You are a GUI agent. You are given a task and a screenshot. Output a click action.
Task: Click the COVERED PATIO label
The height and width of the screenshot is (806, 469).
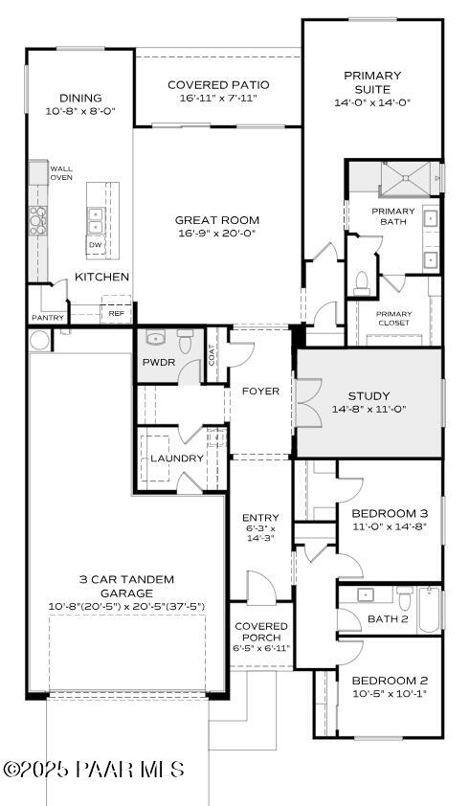click(217, 84)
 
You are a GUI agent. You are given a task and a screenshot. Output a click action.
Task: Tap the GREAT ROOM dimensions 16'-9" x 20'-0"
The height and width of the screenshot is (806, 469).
click(217, 234)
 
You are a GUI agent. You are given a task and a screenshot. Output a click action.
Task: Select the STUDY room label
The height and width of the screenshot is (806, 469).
click(368, 395)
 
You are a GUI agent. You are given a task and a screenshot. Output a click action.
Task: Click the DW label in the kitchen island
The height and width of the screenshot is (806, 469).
click(96, 245)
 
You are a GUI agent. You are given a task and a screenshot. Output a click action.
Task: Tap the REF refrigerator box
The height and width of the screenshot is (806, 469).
click(116, 313)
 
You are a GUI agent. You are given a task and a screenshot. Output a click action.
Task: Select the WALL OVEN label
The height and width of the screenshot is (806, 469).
click(61, 173)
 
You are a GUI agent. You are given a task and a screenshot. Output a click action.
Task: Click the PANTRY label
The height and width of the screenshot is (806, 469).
click(47, 317)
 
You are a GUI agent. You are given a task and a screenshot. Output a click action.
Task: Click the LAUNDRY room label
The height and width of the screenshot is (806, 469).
click(177, 459)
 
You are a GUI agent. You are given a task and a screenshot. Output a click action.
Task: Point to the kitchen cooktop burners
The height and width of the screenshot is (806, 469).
click(37, 220)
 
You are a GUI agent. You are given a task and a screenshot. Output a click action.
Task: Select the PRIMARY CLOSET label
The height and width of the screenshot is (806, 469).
click(393, 319)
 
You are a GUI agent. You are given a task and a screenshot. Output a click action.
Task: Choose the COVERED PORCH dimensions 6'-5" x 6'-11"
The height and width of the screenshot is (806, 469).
click(261, 648)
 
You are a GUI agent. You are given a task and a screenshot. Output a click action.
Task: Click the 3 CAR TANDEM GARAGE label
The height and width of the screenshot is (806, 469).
click(127, 586)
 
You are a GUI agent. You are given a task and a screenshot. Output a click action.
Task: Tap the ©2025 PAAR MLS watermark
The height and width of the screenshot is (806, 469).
click(94, 770)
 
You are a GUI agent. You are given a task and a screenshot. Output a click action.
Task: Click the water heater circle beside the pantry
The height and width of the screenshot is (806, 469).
click(39, 340)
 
